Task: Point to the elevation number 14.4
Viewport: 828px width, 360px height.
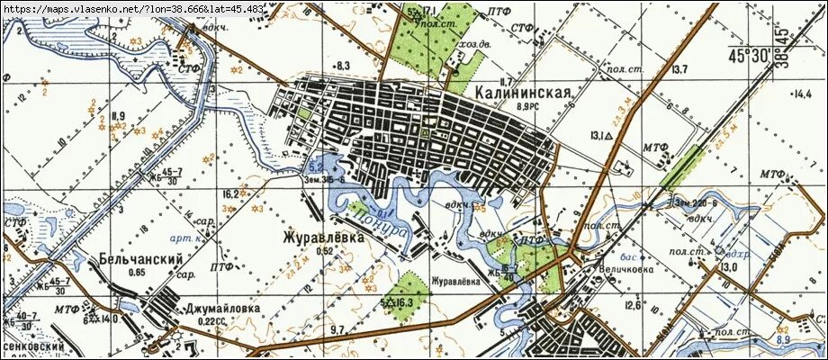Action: click(799, 93)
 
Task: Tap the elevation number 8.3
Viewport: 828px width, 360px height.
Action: click(342, 66)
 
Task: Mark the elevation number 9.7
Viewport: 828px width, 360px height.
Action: click(337, 331)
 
